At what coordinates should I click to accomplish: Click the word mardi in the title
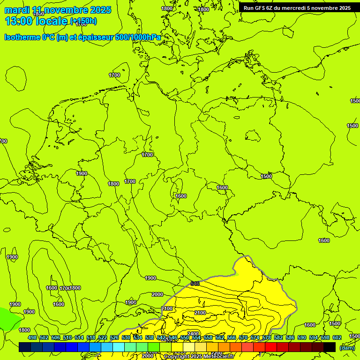click(17, 10)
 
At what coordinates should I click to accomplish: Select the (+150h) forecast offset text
click(83, 21)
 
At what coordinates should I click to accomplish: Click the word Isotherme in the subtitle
click(22, 37)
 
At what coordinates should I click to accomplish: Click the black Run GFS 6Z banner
click(297, 8)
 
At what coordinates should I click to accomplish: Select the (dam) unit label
click(346, 347)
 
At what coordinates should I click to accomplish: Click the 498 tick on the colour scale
click(32, 337)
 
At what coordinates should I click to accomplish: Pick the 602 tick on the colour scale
click(337, 337)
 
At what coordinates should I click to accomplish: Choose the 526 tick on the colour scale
click(114, 337)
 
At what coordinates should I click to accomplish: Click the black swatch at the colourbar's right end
click(330, 347)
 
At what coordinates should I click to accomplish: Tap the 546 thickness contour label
click(195, 284)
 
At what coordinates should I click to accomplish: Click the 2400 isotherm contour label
click(193, 334)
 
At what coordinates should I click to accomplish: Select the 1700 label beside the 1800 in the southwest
click(64, 288)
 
